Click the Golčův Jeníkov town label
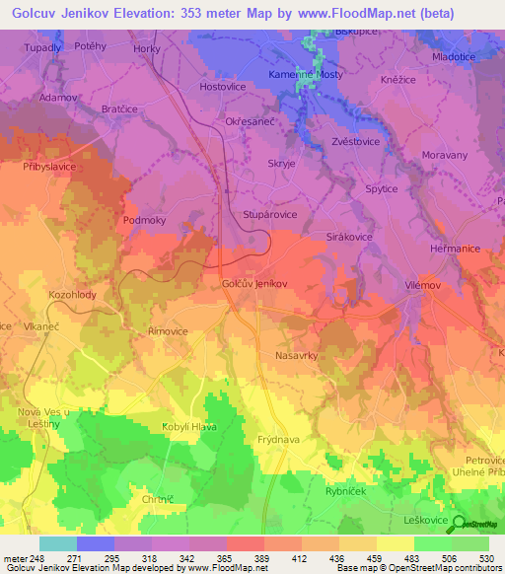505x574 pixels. tap(254, 283)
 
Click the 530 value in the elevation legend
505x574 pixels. tap(485, 558)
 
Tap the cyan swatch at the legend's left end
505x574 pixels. tap(57, 543)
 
